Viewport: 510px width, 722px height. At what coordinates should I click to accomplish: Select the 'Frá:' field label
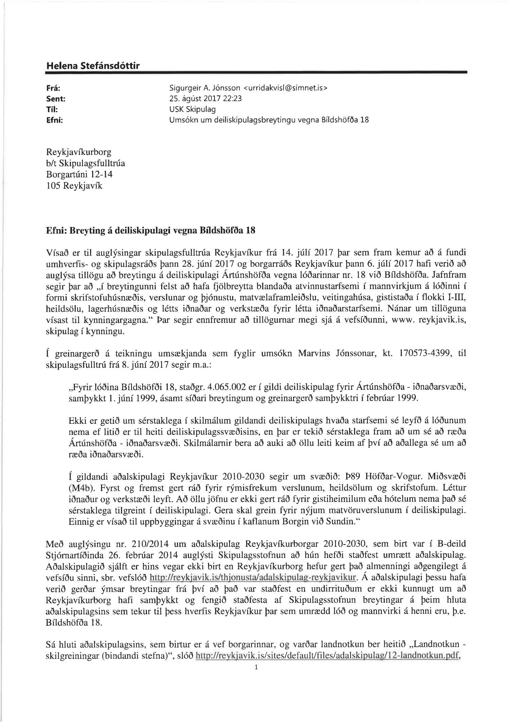coord(53,88)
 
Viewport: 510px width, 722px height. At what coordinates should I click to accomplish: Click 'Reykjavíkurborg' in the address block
coord(79,152)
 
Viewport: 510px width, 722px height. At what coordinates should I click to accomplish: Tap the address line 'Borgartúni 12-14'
coord(79,175)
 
